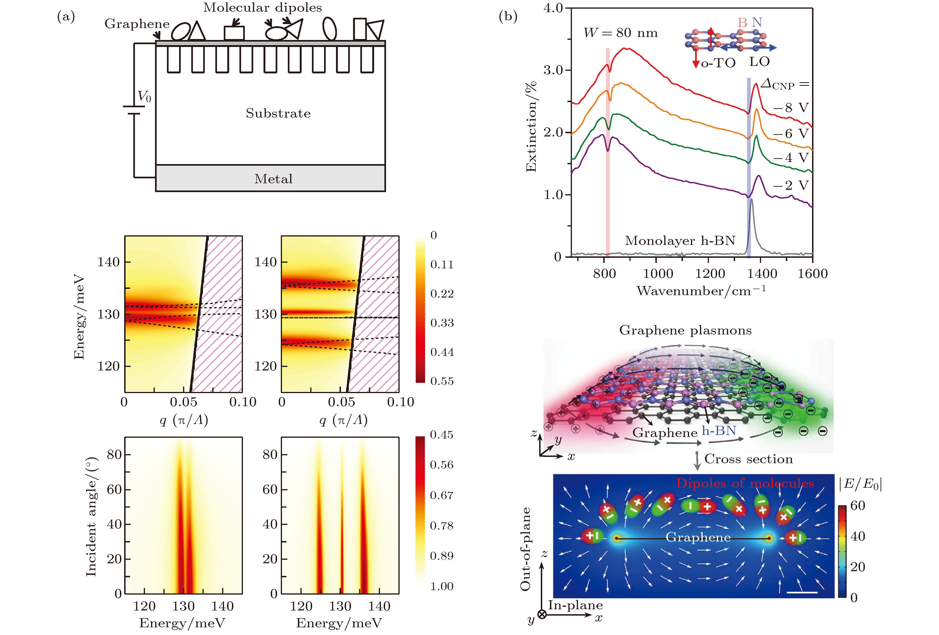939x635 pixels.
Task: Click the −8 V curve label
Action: coord(791,108)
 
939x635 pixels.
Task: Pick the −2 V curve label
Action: coord(791,185)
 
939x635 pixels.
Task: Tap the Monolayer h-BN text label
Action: coord(680,241)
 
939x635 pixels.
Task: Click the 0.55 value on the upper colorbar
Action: coord(442,381)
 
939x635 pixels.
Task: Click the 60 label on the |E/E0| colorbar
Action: coord(857,506)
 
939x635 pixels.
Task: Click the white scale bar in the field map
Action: coord(802,592)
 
